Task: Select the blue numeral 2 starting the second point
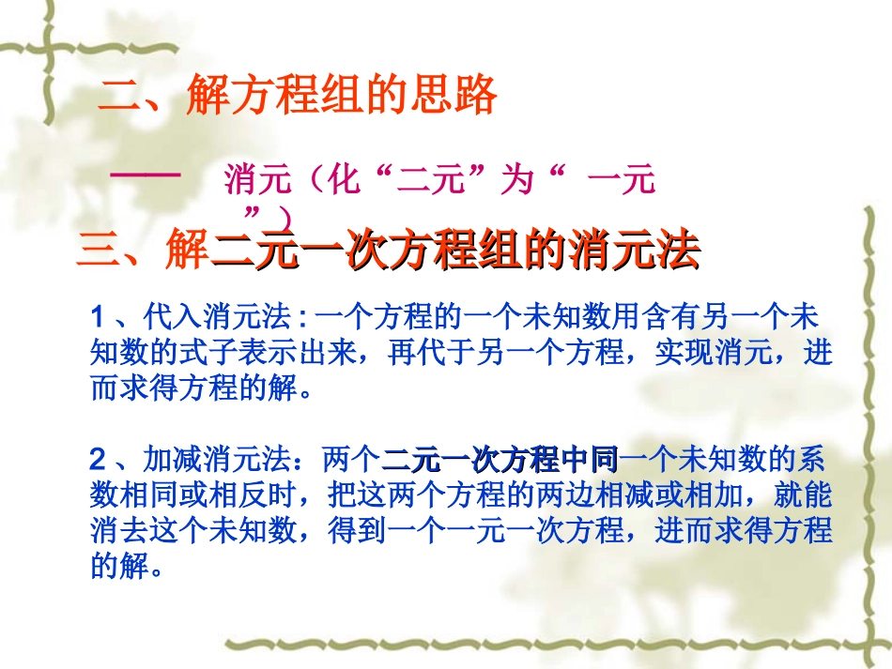tap(99, 461)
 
